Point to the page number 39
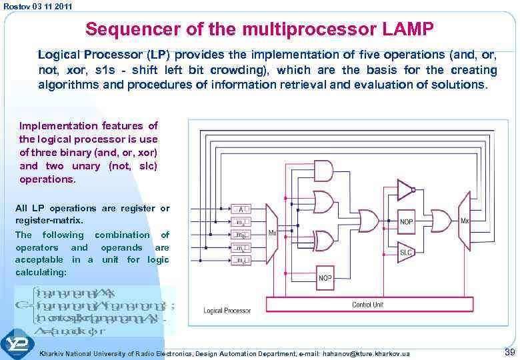click(509, 352)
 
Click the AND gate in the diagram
click(323, 171)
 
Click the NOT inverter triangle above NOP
click(405, 190)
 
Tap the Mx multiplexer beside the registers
click(271, 232)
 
